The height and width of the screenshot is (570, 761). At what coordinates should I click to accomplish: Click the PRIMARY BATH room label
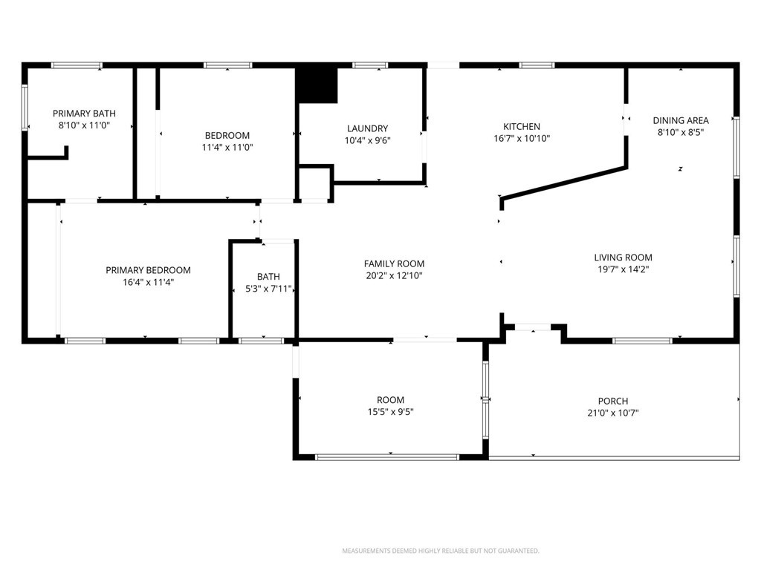tap(84, 114)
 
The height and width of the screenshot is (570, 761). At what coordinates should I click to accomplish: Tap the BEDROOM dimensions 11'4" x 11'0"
tap(227, 148)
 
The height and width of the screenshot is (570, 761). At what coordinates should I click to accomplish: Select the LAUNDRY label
tap(367, 128)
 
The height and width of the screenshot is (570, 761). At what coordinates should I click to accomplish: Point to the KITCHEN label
tap(522, 126)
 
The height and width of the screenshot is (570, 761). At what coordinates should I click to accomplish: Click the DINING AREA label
tap(681, 120)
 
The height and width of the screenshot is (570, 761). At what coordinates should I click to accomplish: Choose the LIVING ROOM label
tap(624, 258)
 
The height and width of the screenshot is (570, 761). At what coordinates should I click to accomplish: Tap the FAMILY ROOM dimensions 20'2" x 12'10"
tap(394, 276)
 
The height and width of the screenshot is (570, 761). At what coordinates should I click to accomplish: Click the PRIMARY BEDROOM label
tap(148, 270)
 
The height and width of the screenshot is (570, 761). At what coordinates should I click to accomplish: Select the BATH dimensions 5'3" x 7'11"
tap(268, 289)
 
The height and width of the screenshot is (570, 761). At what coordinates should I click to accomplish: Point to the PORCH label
tap(613, 402)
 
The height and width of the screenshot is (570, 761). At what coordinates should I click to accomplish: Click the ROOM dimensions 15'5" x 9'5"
tap(390, 412)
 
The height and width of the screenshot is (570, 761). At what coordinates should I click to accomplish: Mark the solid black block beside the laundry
tap(317, 85)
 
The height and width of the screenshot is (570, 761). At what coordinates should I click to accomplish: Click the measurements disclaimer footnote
tap(441, 551)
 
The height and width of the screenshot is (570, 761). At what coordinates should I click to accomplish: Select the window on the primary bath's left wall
tap(25, 108)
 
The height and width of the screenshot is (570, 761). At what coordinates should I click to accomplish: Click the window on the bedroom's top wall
tap(227, 65)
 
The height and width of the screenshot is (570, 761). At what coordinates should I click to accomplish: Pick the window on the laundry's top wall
tap(370, 65)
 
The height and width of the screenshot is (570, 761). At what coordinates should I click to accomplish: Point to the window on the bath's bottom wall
tap(261, 341)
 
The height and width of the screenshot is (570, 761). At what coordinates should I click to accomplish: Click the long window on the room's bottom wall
tap(386, 457)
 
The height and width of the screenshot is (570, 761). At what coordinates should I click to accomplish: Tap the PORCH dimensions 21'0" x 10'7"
tap(613, 413)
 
